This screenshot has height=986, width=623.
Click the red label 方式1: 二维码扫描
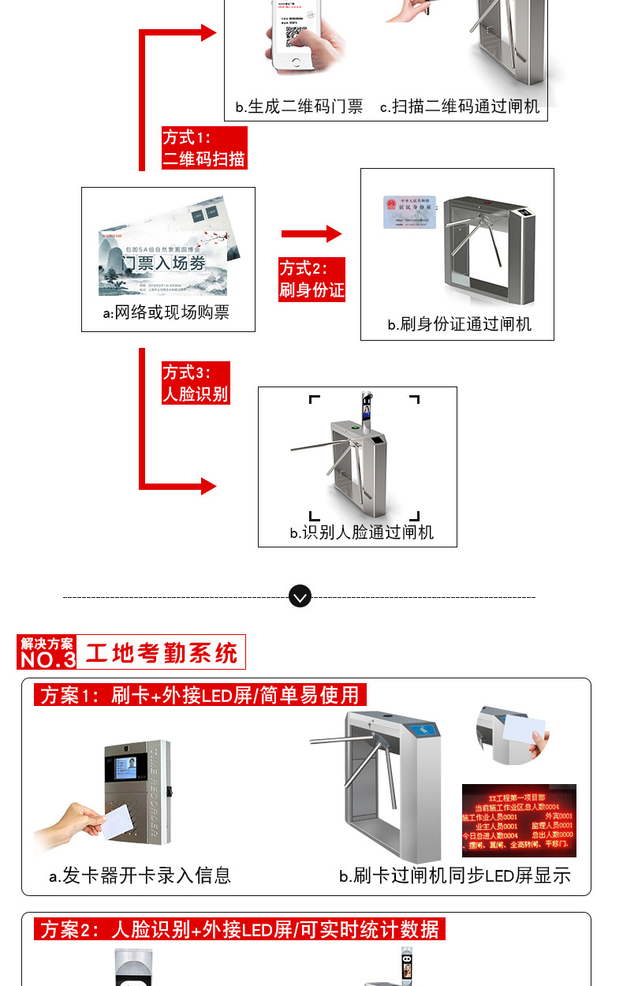[x=204, y=148]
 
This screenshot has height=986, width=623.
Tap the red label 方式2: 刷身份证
[x=312, y=279]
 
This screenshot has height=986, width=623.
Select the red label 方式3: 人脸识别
[x=196, y=383]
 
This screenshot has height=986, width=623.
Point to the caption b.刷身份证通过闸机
[x=459, y=324]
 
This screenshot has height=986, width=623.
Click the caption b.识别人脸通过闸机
[x=362, y=532]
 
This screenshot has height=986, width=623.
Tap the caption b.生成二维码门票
[x=299, y=107]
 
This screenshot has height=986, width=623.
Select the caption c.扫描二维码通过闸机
[x=460, y=107]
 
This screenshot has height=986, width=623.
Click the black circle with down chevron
[x=300, y=596]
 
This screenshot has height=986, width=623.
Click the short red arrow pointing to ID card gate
[x=311, y=233]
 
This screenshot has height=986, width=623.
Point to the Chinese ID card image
[x=409, y=212]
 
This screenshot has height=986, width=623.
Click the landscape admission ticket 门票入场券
[x=170, y=252]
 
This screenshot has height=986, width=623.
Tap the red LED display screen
[x=518, y=820]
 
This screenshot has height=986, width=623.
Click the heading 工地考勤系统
[x=161, y=653]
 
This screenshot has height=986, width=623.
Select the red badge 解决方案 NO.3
[x=47, y=653]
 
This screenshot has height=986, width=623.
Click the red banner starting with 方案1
[x=200, y=695]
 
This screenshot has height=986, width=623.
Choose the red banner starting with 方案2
[x=240, y=929]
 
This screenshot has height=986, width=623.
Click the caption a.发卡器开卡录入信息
[x=140, y=875]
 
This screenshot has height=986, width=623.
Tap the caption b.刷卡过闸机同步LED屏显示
[x=454, y=876]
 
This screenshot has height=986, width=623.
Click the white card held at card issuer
[x=118, y=821]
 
